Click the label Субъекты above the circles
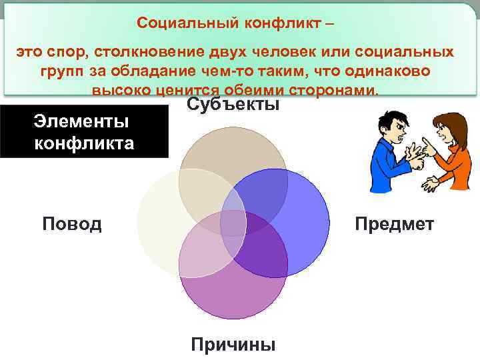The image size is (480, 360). pyautogui.click(x=233, y=104)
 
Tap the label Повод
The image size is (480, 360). pyautogui.click(x=72, y=223)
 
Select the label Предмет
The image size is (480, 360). pyautogui.click(x=394, y=223)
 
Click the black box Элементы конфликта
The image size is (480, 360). pyautogui.click(x=84, y=132)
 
